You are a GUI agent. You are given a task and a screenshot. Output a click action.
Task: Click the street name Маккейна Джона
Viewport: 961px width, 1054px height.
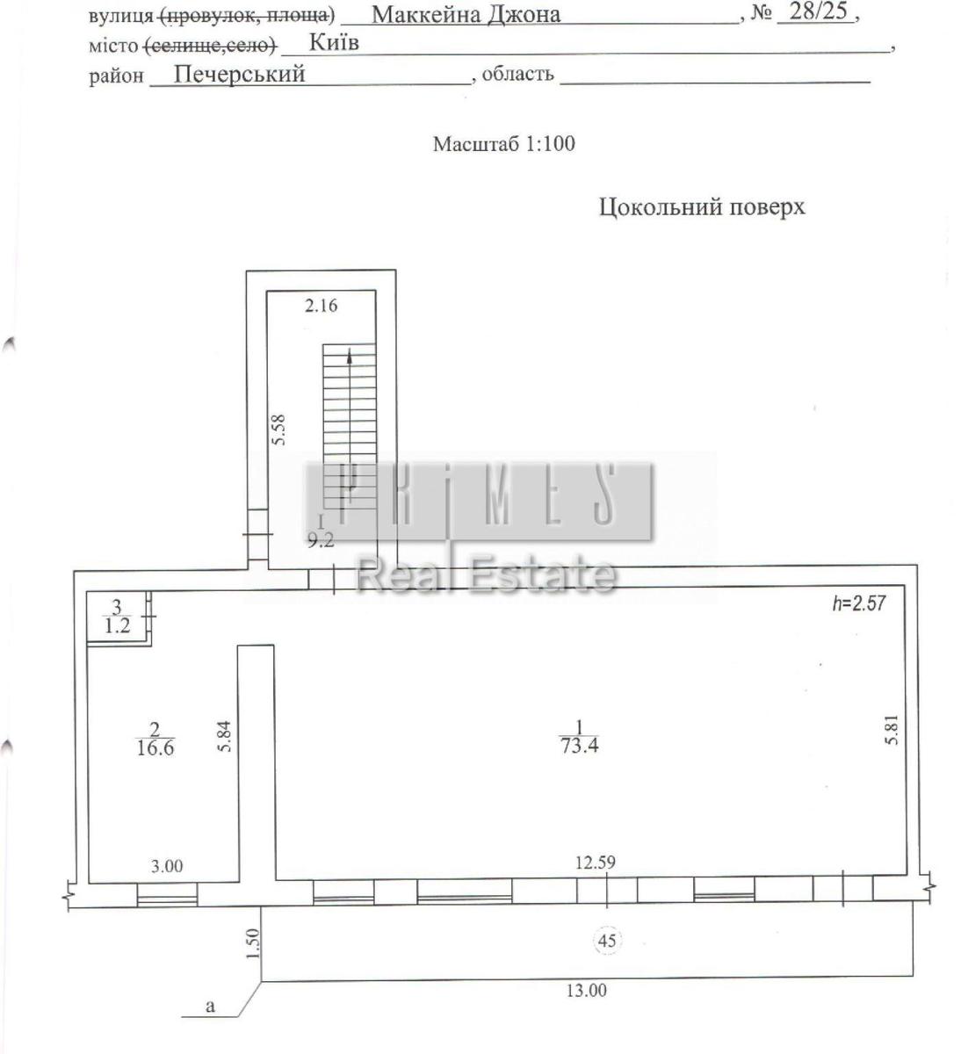coord(466,15)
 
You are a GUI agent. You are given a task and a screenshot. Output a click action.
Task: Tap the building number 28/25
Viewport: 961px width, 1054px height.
coord(818,11)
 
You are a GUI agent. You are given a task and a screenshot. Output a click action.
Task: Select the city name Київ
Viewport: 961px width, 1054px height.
coord(334,42)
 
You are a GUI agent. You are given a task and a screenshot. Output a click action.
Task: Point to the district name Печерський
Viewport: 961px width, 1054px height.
coord(239,74)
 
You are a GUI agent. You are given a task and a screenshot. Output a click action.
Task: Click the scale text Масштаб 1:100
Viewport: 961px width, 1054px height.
coord(503,143)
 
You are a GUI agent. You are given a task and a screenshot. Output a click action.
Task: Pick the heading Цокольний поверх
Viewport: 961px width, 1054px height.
coord(702,207)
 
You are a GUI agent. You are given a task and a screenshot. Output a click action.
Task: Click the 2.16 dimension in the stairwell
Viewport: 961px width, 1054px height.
coord(321,306)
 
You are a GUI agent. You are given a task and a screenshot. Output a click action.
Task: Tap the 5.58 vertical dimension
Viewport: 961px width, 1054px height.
coord(278,430)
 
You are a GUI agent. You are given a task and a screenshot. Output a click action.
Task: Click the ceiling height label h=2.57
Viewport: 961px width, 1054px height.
coord(859,603)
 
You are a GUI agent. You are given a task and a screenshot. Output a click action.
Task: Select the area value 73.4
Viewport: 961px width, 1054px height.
coord(580,745)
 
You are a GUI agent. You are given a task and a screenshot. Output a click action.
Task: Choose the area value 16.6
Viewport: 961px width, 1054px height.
coord(155,747)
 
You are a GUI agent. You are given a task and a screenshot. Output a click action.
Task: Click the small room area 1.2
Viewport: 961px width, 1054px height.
coord(117,625)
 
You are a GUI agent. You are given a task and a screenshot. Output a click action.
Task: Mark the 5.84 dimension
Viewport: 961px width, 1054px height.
coord(225,736)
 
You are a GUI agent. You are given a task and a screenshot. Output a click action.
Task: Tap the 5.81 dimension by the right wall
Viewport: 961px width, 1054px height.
coord(892,730)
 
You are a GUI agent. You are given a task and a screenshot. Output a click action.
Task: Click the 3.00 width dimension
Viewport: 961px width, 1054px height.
coord(167,865)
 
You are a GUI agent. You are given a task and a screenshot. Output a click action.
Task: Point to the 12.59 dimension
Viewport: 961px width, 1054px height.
coord(595,862)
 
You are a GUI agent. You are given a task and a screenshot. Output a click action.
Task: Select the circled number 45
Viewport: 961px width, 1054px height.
coord(607,940)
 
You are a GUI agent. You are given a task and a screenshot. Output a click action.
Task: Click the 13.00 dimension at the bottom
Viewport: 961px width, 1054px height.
coord(586,991)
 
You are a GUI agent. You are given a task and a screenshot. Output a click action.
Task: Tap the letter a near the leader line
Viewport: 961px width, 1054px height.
coord(211,1007)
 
